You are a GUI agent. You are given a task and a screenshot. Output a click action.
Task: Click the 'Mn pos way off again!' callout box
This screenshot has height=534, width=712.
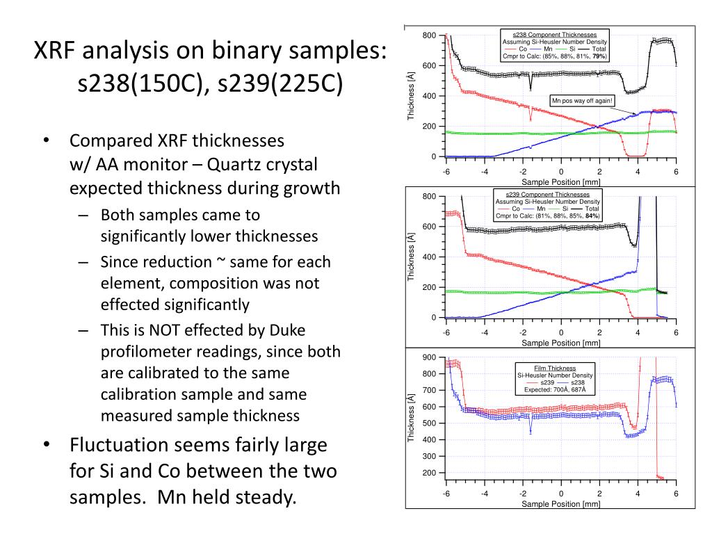[582, 101]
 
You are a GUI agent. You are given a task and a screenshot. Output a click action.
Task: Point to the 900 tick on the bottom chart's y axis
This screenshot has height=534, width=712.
[430, 357]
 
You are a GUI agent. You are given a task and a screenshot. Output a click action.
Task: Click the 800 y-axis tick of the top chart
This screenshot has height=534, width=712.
[430, 35]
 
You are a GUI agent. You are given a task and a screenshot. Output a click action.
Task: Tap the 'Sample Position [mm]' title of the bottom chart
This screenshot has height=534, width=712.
[560, 504]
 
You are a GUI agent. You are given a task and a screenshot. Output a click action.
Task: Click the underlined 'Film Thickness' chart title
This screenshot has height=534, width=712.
[554, 367]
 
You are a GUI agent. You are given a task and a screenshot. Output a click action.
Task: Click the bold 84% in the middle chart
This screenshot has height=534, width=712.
[592, 216]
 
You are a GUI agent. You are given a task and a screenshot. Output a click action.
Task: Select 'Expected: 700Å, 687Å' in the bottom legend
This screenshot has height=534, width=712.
[554, 390]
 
